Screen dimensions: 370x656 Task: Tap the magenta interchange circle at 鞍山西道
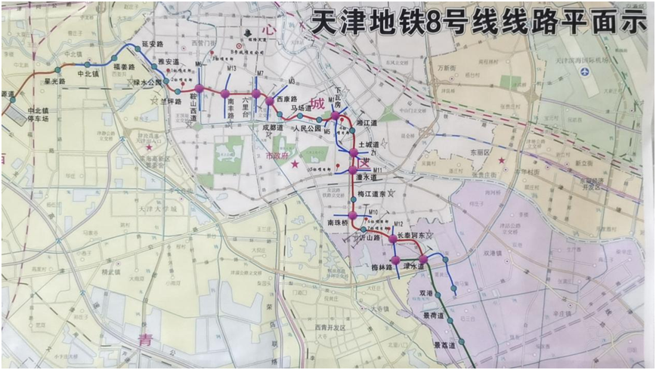coord(199,88)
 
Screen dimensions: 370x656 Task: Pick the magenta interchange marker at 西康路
coord(269,100)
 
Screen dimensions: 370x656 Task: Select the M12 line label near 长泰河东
coord(398,226)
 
